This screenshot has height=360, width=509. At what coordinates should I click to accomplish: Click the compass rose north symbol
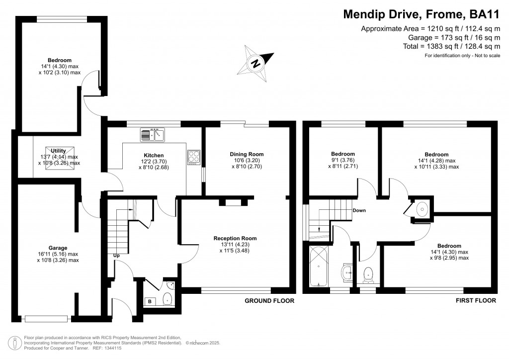click(x=256, y=63)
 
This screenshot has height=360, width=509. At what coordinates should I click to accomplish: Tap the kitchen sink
click(x=153, y=135)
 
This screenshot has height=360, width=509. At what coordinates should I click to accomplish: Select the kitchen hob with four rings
click(x=194, y=158)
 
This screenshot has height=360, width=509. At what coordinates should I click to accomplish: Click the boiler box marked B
click(x=150, y=301)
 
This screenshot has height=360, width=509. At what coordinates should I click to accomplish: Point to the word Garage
click(x=58, y=248)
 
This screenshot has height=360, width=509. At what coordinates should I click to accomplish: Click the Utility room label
click(x=59, y=151)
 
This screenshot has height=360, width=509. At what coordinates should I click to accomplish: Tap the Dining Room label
click(x=247, y=154)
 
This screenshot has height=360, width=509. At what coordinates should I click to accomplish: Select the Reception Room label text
click(x=235, y=238)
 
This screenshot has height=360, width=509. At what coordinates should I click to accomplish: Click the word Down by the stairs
click(x=359, y=210)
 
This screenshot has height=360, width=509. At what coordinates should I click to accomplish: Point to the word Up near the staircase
click(x=116, y=256)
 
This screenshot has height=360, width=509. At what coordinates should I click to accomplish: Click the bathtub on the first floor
click(x=319, y=267)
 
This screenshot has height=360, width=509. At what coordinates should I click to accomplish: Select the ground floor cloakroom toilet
click(x=167, y=299)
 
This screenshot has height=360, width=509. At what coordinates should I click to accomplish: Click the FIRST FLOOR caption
click(x=476, y=301)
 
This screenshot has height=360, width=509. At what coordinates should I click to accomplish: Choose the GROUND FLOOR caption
click(x=269, y=301)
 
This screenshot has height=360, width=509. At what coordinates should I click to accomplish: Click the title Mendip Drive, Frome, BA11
click(x=422, y=14)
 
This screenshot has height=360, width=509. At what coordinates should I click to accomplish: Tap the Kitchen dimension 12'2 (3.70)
click(x=154, y=161)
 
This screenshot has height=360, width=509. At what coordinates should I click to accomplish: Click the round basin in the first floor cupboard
click(x=422, y=209)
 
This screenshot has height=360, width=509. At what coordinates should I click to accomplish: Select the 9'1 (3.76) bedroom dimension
click(x=343, y=160)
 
